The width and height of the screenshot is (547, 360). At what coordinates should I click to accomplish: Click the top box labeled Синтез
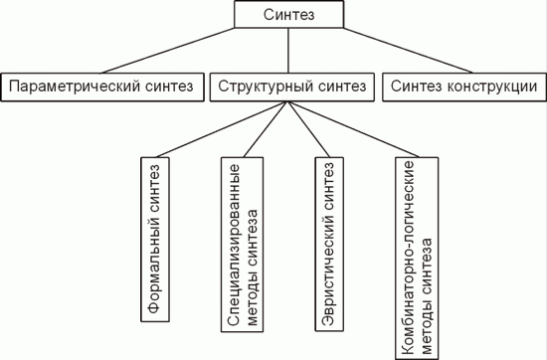pos(288,14)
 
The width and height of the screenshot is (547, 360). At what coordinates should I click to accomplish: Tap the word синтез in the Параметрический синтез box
pos(169,86)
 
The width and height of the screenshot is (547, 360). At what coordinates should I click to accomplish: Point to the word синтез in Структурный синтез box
pos(342,86)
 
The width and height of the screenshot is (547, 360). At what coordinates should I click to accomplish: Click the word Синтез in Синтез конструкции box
pos(416,86)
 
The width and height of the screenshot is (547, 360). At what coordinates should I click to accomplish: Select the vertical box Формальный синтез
pos(155,240)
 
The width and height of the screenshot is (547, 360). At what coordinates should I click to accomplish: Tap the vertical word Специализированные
pos(234,245)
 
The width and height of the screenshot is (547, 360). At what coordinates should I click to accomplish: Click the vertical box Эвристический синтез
pos(329,245)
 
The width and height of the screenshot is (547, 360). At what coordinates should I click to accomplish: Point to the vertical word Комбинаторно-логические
pos(408,258)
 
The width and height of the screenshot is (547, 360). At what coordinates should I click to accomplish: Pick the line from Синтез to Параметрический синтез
pos(167,51)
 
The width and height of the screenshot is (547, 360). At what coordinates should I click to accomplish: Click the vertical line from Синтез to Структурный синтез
pos(288,51)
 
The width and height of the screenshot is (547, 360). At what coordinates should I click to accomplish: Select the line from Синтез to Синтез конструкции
pos(408,51)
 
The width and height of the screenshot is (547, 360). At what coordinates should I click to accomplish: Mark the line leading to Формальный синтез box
pos(222,129)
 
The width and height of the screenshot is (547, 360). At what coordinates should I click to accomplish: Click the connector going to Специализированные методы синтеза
pos(266,129)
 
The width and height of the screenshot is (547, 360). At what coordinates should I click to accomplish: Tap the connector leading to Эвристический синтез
pos(308,129)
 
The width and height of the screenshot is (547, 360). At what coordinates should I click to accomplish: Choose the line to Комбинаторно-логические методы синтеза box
pos(353,129)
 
